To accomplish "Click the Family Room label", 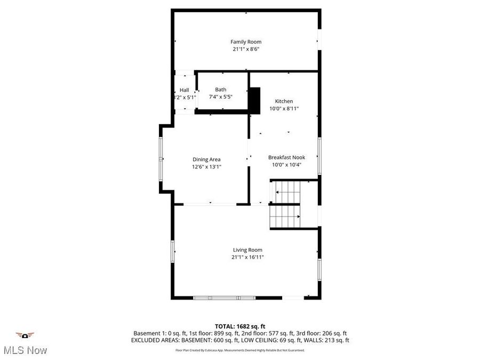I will (x=246, y=42).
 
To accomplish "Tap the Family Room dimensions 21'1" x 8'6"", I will (x=246, y=49).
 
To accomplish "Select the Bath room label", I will (x=221, y=90).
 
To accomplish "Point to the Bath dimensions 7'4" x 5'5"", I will (x=221, y=97).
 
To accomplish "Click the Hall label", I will (x=184, y=90).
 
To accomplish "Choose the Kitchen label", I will (x=284, y=101).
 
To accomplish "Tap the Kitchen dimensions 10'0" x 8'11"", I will (x=284, y=109).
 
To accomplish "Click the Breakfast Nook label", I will (x=286, y=157).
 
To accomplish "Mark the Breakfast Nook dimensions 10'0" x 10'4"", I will (x=286, y=165).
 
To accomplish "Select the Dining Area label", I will (x=206, y=159).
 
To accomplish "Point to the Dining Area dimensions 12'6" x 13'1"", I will (x=206, y=167).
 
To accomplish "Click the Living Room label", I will (x=247, y=250).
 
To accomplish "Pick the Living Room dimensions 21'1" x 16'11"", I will (x=247, y=257).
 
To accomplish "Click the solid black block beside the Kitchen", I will (x=254, y=99).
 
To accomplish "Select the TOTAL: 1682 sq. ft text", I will (x=239, y=326).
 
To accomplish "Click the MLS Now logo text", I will (x=25, y=350).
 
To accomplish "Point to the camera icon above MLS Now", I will (x=25, y=335).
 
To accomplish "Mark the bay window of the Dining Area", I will (x=162, y=158).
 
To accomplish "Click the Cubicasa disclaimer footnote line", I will (x=240, y=350).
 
